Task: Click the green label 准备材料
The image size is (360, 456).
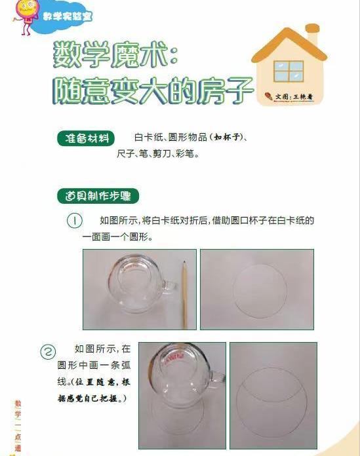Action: pos(86,138)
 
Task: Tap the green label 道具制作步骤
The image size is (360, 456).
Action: pos(98,196)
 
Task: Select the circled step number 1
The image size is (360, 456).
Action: pos(75,221)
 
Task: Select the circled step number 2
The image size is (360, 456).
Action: pos(48,352)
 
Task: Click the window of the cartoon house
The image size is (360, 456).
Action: pos(289,71)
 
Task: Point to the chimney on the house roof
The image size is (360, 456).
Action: pos(313,35)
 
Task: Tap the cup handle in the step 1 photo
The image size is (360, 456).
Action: pos(170,287)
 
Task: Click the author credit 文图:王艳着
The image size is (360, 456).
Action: pos(294,97)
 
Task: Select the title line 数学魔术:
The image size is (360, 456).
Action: pos(115,55)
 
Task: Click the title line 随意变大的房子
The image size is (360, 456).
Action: pos(152,90)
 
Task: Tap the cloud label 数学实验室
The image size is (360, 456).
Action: pos(68,16)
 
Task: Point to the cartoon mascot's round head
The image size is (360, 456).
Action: pos(27,7)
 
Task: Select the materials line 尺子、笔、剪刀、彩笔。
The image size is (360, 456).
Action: pos(158,154)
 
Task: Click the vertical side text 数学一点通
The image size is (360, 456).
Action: pos(18,426)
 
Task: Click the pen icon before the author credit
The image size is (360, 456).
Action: pos(269,96)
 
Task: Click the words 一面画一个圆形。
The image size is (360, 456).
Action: pos(118,237)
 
